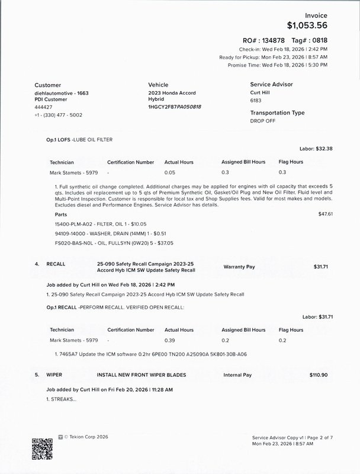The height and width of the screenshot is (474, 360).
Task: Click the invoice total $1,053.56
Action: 307,25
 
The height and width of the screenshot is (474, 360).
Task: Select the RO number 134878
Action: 269,39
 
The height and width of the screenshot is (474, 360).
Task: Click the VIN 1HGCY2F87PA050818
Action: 175,107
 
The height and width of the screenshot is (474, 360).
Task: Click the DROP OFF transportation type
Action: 263,120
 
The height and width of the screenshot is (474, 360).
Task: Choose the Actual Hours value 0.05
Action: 170,172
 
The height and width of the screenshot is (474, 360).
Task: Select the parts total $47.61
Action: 326,213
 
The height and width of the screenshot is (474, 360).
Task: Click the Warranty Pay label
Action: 239,267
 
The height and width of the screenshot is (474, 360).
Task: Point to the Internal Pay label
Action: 237,375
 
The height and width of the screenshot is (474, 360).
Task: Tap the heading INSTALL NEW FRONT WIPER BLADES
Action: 142,375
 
